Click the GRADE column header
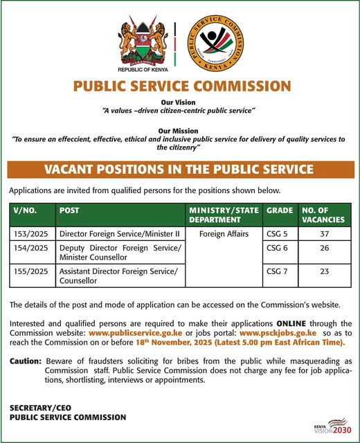point(279,209)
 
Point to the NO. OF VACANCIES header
point(326,214)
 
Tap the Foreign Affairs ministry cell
point(223,234)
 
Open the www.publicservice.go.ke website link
point(136,333)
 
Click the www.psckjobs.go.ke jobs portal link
point(278,333)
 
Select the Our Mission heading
point(179,130)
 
